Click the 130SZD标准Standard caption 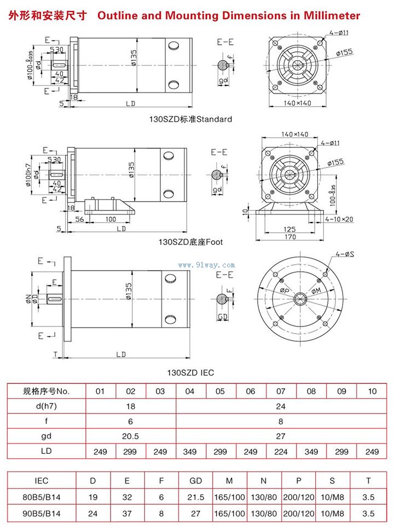tap(191, 119)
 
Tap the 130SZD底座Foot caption tap(191, 241)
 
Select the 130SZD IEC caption tap(190, 372)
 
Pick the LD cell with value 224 tap(281, 452)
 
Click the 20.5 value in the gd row tap(131, 436)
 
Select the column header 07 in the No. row tap(281, 391)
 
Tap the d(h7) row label tap(47, 406)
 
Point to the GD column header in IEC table tap(195, 481)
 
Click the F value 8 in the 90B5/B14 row tap(161, 514)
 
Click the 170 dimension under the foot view tap(290, 237)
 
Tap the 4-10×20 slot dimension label tap(339, 219)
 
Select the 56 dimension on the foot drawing tap(80, 219)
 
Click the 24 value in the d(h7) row tap(281, 406)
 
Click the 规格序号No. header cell tap(47, 391)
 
